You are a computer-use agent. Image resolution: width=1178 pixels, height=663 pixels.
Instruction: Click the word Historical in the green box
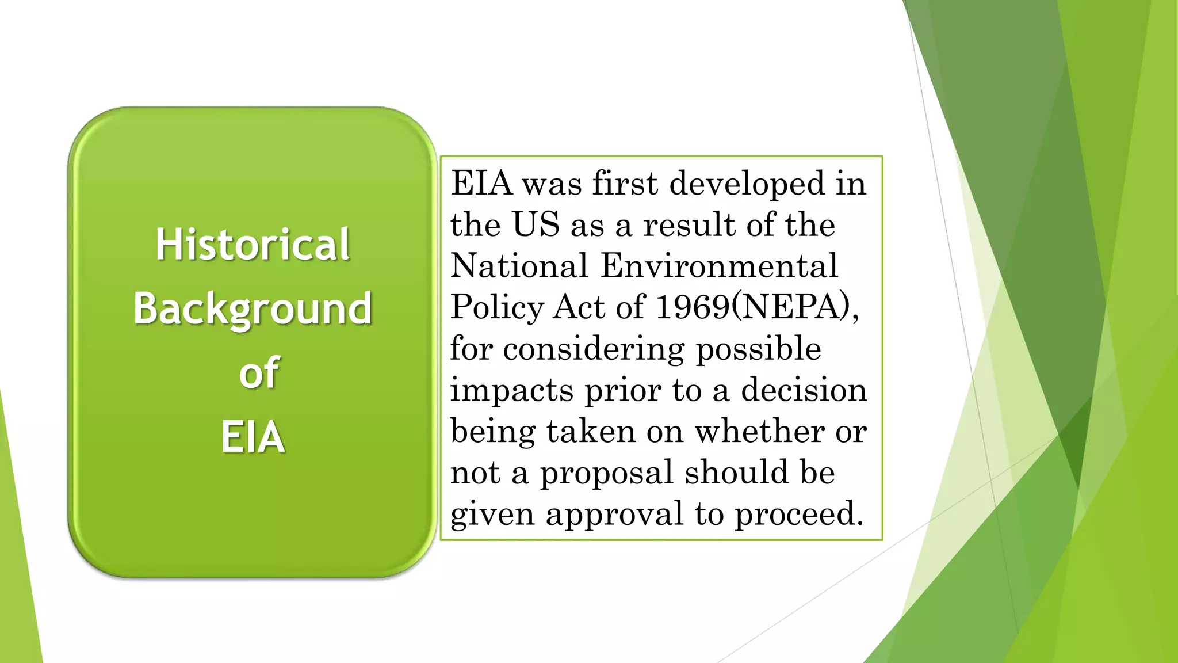[x=253, y=245]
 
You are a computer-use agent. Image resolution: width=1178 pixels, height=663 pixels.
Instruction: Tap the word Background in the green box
[x=253, y=309]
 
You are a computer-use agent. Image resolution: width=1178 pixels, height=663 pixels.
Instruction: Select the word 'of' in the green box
[x=259, y=373]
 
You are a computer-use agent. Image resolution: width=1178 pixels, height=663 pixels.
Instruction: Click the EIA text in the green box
[x=253, y=437]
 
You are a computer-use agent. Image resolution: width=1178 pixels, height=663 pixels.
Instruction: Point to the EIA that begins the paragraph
[x=481, y=183]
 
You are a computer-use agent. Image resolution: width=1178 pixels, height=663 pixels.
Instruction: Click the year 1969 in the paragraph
[x=692, y=307]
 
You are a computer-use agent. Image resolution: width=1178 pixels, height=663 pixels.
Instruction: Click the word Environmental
[x=719, y=266]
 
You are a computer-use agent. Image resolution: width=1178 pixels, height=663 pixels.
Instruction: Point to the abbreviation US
[x=536, y=224]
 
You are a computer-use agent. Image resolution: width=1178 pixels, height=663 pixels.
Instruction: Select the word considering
[x=594, y=349]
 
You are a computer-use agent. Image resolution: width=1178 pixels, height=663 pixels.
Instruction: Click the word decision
[x=804, y=390]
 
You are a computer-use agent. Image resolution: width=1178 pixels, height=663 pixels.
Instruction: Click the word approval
[x=614, y=514]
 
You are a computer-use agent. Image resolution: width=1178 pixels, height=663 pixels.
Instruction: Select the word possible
[x=759, y=349]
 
